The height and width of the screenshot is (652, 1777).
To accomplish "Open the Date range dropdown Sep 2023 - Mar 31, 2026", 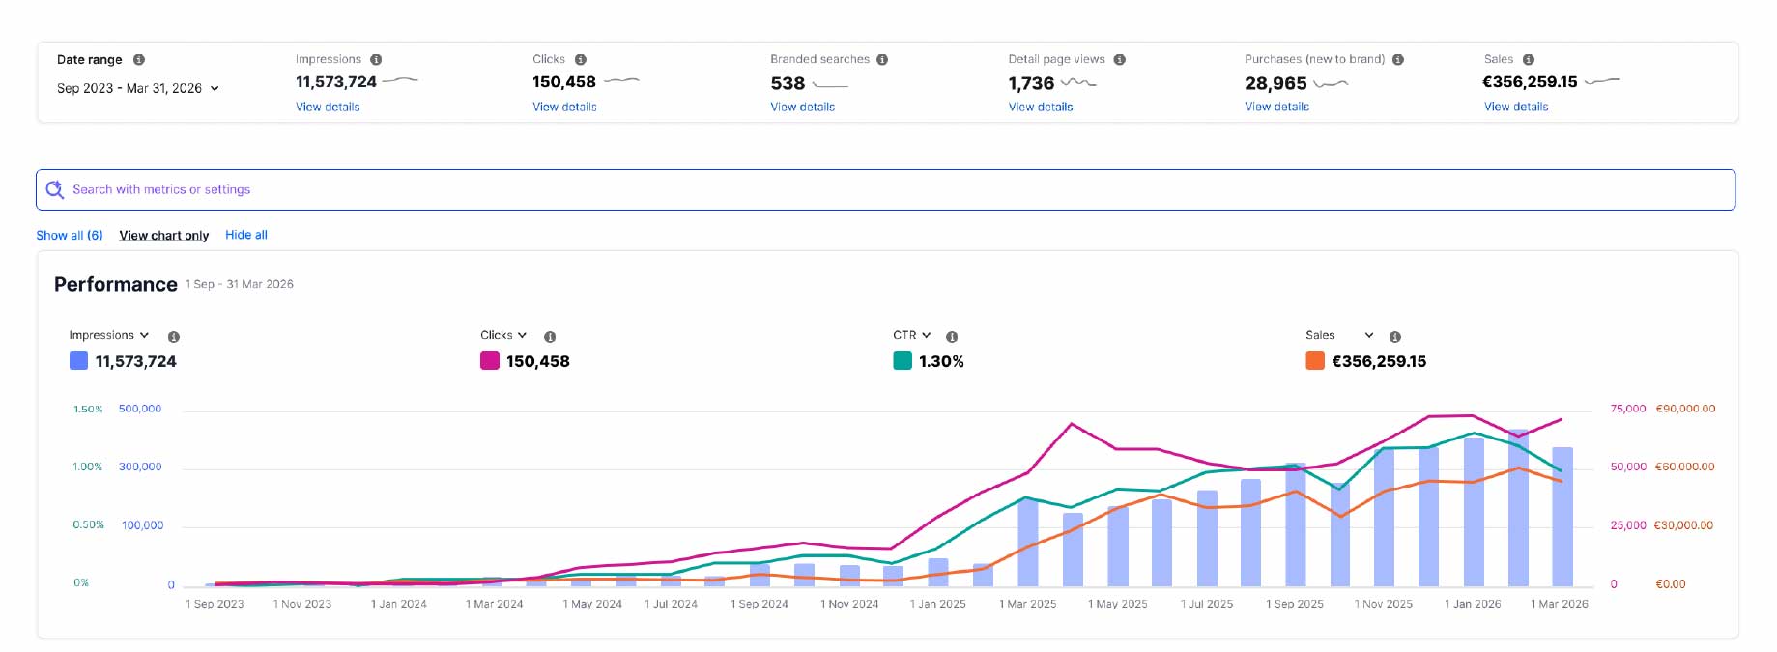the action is click(x=138, y=88).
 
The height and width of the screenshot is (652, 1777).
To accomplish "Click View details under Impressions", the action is click(x=328, y=107).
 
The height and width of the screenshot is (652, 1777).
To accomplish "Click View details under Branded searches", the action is click(x=802, y=107).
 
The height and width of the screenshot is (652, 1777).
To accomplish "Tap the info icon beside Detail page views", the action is click(x=1119, y=60).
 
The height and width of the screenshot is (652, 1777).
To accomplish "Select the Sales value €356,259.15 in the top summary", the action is click(x=1530, y=82).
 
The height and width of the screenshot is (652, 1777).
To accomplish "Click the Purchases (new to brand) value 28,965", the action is click(x=1275, y=83).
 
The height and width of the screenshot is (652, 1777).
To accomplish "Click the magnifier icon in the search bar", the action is click(x=55, y=189).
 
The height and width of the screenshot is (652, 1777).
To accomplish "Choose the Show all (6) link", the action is click(x=70, y=235).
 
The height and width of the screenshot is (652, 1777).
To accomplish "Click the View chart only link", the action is click(x=164, y=235).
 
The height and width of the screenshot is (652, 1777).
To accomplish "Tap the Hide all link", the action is click(x=246, y=235).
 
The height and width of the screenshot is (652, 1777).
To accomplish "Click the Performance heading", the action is click(x=116, y=284).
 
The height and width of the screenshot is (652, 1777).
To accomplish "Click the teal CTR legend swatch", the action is click(x=903, y=361).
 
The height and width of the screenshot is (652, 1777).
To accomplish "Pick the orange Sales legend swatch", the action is click(x=1315, y=361).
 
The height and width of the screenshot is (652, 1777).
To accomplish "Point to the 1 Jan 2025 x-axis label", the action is click(x=937, y=604).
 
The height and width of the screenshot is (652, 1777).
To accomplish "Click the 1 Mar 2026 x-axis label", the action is click(x=1560, y=604).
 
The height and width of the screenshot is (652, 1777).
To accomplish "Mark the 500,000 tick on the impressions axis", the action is click(x=140, y=410).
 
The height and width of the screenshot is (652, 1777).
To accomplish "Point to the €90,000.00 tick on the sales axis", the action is click(x=1685, y=409).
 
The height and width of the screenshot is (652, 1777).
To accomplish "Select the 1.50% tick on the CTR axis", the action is click(x=88, y=410).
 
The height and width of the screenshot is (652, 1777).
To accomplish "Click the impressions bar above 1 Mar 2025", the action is click(x=1028, y=543).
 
